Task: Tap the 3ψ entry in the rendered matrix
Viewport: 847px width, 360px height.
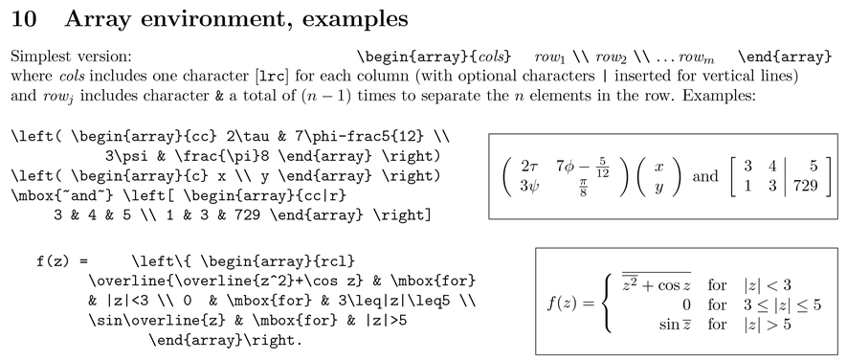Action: tap(529, 186)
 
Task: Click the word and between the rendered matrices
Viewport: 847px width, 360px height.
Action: tap(705, 176)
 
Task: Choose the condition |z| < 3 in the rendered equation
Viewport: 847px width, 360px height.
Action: tap(767, 284)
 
